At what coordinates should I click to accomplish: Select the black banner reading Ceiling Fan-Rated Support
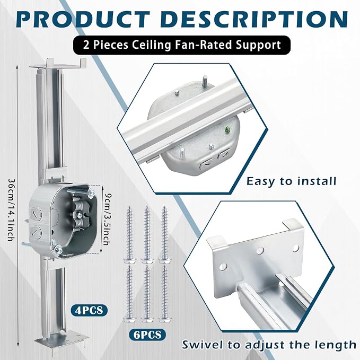click(182, 45)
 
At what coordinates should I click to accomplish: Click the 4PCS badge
click(89, 310)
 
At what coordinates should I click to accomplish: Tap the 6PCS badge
click(147, 335)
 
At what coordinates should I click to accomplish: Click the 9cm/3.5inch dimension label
click(106, 220)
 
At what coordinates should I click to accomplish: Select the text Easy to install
click(292, 181)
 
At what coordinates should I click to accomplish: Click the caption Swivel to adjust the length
click(269, 345)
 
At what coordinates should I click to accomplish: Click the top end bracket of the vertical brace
click(58, 64)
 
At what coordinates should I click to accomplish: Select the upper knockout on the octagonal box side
click(36, 214)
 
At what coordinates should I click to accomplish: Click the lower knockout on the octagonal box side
click(36, 232)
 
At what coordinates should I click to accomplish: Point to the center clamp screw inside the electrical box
click(78, 215)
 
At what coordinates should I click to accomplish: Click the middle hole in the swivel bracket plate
click(260, 250)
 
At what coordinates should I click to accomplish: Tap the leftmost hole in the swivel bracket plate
click(223, 267)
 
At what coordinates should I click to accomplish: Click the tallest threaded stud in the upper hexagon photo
click(205, 81)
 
